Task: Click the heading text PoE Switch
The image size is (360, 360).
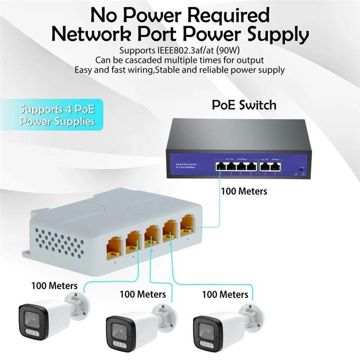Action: [244, 105]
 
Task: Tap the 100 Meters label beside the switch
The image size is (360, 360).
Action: [243, 191]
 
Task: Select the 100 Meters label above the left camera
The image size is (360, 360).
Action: [54, 285]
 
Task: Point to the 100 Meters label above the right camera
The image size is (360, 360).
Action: [225, 295]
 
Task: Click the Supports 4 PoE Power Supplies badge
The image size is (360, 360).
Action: [57, 115]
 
